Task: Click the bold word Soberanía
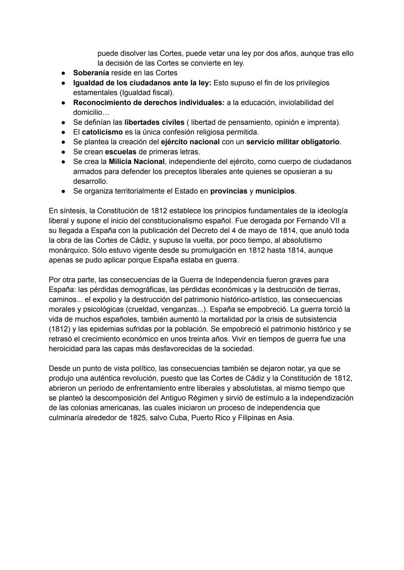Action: click(91, 73)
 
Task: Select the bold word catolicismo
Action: click(102, 132)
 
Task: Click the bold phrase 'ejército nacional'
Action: click(190, 142)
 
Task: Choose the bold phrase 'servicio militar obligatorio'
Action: click(293, 142)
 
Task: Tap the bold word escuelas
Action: click(120, 152)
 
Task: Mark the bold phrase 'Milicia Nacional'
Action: click(137, 161)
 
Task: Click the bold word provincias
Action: click(229, 191)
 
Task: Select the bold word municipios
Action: click(275, 191)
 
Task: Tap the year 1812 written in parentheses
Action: click(59, 329)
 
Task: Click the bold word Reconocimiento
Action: click(106, 102)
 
